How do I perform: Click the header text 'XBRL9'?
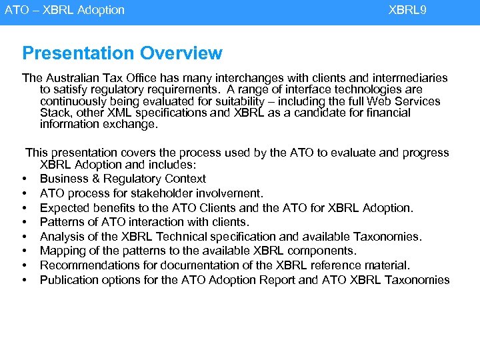(x=407, y=10)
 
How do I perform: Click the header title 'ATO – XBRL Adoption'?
(x=65, y=10)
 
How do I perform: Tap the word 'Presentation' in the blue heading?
(x=76, y=53)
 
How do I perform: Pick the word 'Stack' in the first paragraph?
(x=55, y=113)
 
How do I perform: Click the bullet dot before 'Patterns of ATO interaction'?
(x=25, y=223)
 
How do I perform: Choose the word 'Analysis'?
(x=61, y=237)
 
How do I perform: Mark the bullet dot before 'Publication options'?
(x=25, y=281)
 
